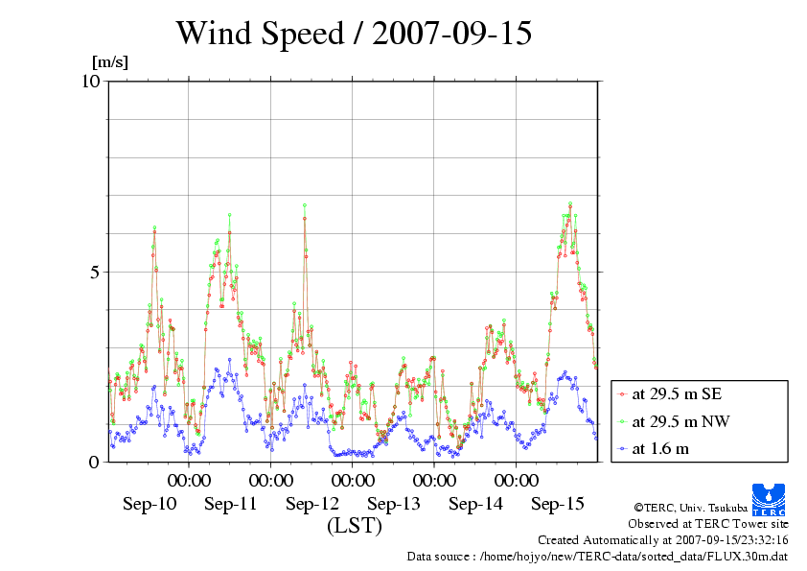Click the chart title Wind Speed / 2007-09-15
354,35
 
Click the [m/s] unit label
109,63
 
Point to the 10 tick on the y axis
90,81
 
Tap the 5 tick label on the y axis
94,272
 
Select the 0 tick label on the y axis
94,462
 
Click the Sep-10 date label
150,504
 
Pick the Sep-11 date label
231,504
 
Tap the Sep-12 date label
312,504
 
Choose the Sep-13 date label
394,504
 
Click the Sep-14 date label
476,504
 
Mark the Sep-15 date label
558,504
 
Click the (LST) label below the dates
354,527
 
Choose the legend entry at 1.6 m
660,448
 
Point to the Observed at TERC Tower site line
708,524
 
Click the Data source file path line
598,556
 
